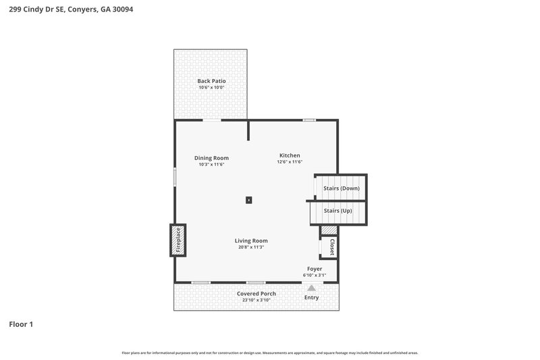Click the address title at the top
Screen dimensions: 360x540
[x=66, y=10]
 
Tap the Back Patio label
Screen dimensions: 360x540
[x=211, y=81]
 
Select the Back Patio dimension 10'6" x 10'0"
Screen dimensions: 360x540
[x=211, y=88]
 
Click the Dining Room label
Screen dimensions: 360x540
[x=211, y=158]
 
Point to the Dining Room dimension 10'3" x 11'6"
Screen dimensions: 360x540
[x=211, y=165]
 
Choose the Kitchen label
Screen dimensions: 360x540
[x=290, y=155]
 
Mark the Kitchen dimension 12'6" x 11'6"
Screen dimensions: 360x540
[x=290, y=162]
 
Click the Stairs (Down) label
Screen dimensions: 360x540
[x=342, y=188]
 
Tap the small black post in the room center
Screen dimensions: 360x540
[x=249, y=200]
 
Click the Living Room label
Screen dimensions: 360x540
[x=251, y=240]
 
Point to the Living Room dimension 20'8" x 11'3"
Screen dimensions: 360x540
[x=251, y=247]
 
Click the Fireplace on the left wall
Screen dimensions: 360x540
[x=178, y=240]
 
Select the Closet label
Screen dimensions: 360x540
[x=331, y=247]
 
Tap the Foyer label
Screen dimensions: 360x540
[x=315, y=269]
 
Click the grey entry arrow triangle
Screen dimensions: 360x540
[x=311, y=288]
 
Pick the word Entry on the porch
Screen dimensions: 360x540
[x=311, y=297]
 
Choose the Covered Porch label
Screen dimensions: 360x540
[x=256, y=294]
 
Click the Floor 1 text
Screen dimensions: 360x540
[x=21, y=324]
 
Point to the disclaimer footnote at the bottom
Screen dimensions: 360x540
[x=269, y=353]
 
